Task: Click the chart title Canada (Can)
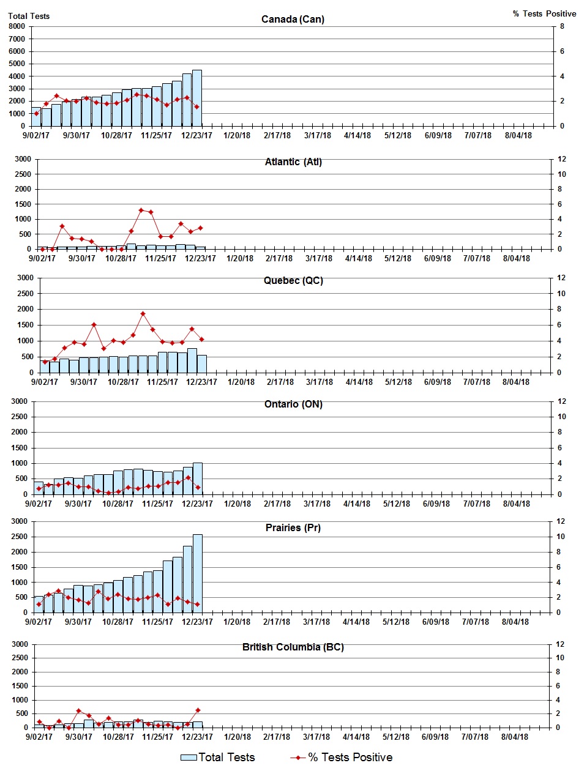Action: coord(293,19)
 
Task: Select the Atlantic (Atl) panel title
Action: coord(293,162)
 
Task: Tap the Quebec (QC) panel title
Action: coord(293,280)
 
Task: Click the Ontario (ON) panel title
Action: coord(293,404)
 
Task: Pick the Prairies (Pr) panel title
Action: coord(293,527)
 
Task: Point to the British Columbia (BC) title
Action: coord(293,647)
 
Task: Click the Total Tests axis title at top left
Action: coord(29,16)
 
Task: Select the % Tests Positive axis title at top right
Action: coord(544,13)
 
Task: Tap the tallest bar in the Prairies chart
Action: coord(198,573)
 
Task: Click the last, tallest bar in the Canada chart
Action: coord(197,98)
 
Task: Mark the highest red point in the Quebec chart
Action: coord(143,314)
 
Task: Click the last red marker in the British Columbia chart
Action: coord(198,710)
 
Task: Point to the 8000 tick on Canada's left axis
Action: coord(17,26)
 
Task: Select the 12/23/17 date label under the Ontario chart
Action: coord(197,504)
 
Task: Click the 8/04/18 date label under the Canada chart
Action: coord(518,135)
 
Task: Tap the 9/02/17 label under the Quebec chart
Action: coord(45,382)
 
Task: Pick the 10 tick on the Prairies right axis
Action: coord(560,537)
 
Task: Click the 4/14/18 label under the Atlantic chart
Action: coord(359,258)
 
